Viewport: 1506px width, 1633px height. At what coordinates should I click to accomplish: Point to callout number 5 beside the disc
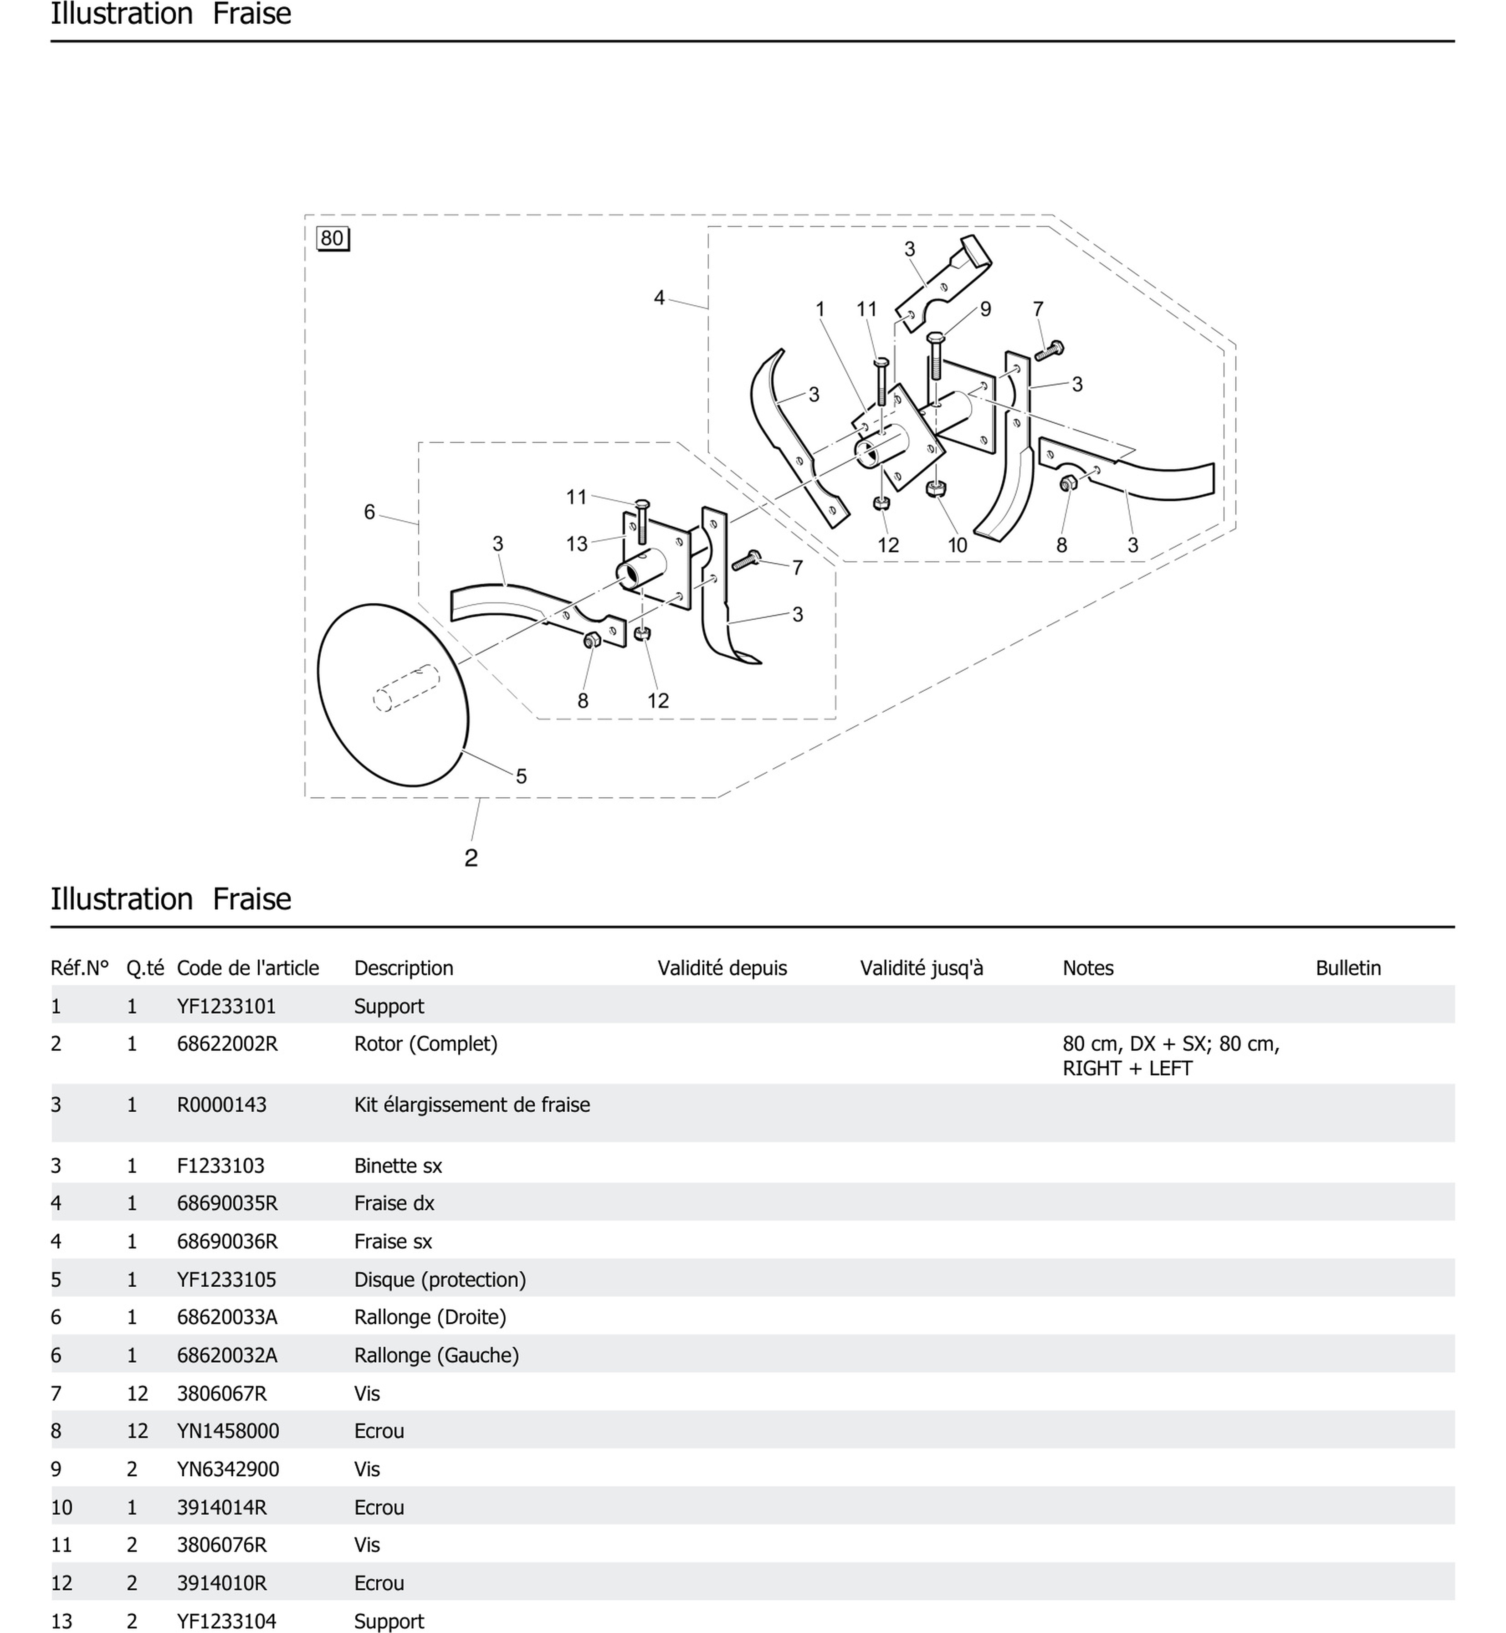[522, 776]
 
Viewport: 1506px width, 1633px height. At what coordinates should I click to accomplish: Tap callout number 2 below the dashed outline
[471, 858]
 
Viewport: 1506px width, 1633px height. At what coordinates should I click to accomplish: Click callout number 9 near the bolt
[985, 310]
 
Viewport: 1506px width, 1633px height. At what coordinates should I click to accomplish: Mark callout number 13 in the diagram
[577, 544]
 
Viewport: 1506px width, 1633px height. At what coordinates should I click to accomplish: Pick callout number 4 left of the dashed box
[659, 298]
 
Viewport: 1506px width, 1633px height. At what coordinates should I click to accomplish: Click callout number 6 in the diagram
[369, 512]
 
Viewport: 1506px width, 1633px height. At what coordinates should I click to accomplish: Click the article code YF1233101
[226, 1006]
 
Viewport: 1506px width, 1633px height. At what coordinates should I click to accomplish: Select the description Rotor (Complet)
[425, 1043]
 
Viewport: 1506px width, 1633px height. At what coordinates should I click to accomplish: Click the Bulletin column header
[1348, 968]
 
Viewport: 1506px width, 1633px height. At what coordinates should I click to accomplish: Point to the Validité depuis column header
[722, 968]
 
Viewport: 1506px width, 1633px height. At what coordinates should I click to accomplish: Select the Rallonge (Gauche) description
[436, 1355]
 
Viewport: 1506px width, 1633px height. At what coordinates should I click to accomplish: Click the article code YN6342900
[228, 1469]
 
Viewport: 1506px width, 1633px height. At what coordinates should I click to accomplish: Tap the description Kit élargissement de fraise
[472, 1105]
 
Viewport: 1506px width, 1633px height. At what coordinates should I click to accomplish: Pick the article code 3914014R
[222, 1507]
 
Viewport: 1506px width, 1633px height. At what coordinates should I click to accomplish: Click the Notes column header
[1088, 968]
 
